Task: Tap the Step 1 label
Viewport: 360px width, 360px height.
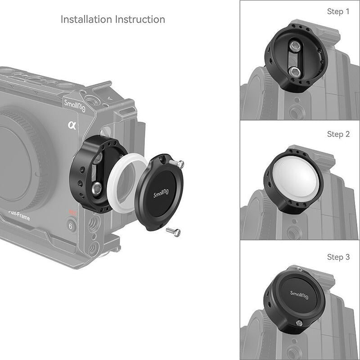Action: point(338,12)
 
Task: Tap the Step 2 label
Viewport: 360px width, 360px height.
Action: point(338,134)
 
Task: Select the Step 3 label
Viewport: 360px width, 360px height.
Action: point(338,257)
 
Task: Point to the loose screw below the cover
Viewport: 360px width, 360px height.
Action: point(173,231)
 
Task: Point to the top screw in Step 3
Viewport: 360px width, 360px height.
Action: point(299,269)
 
